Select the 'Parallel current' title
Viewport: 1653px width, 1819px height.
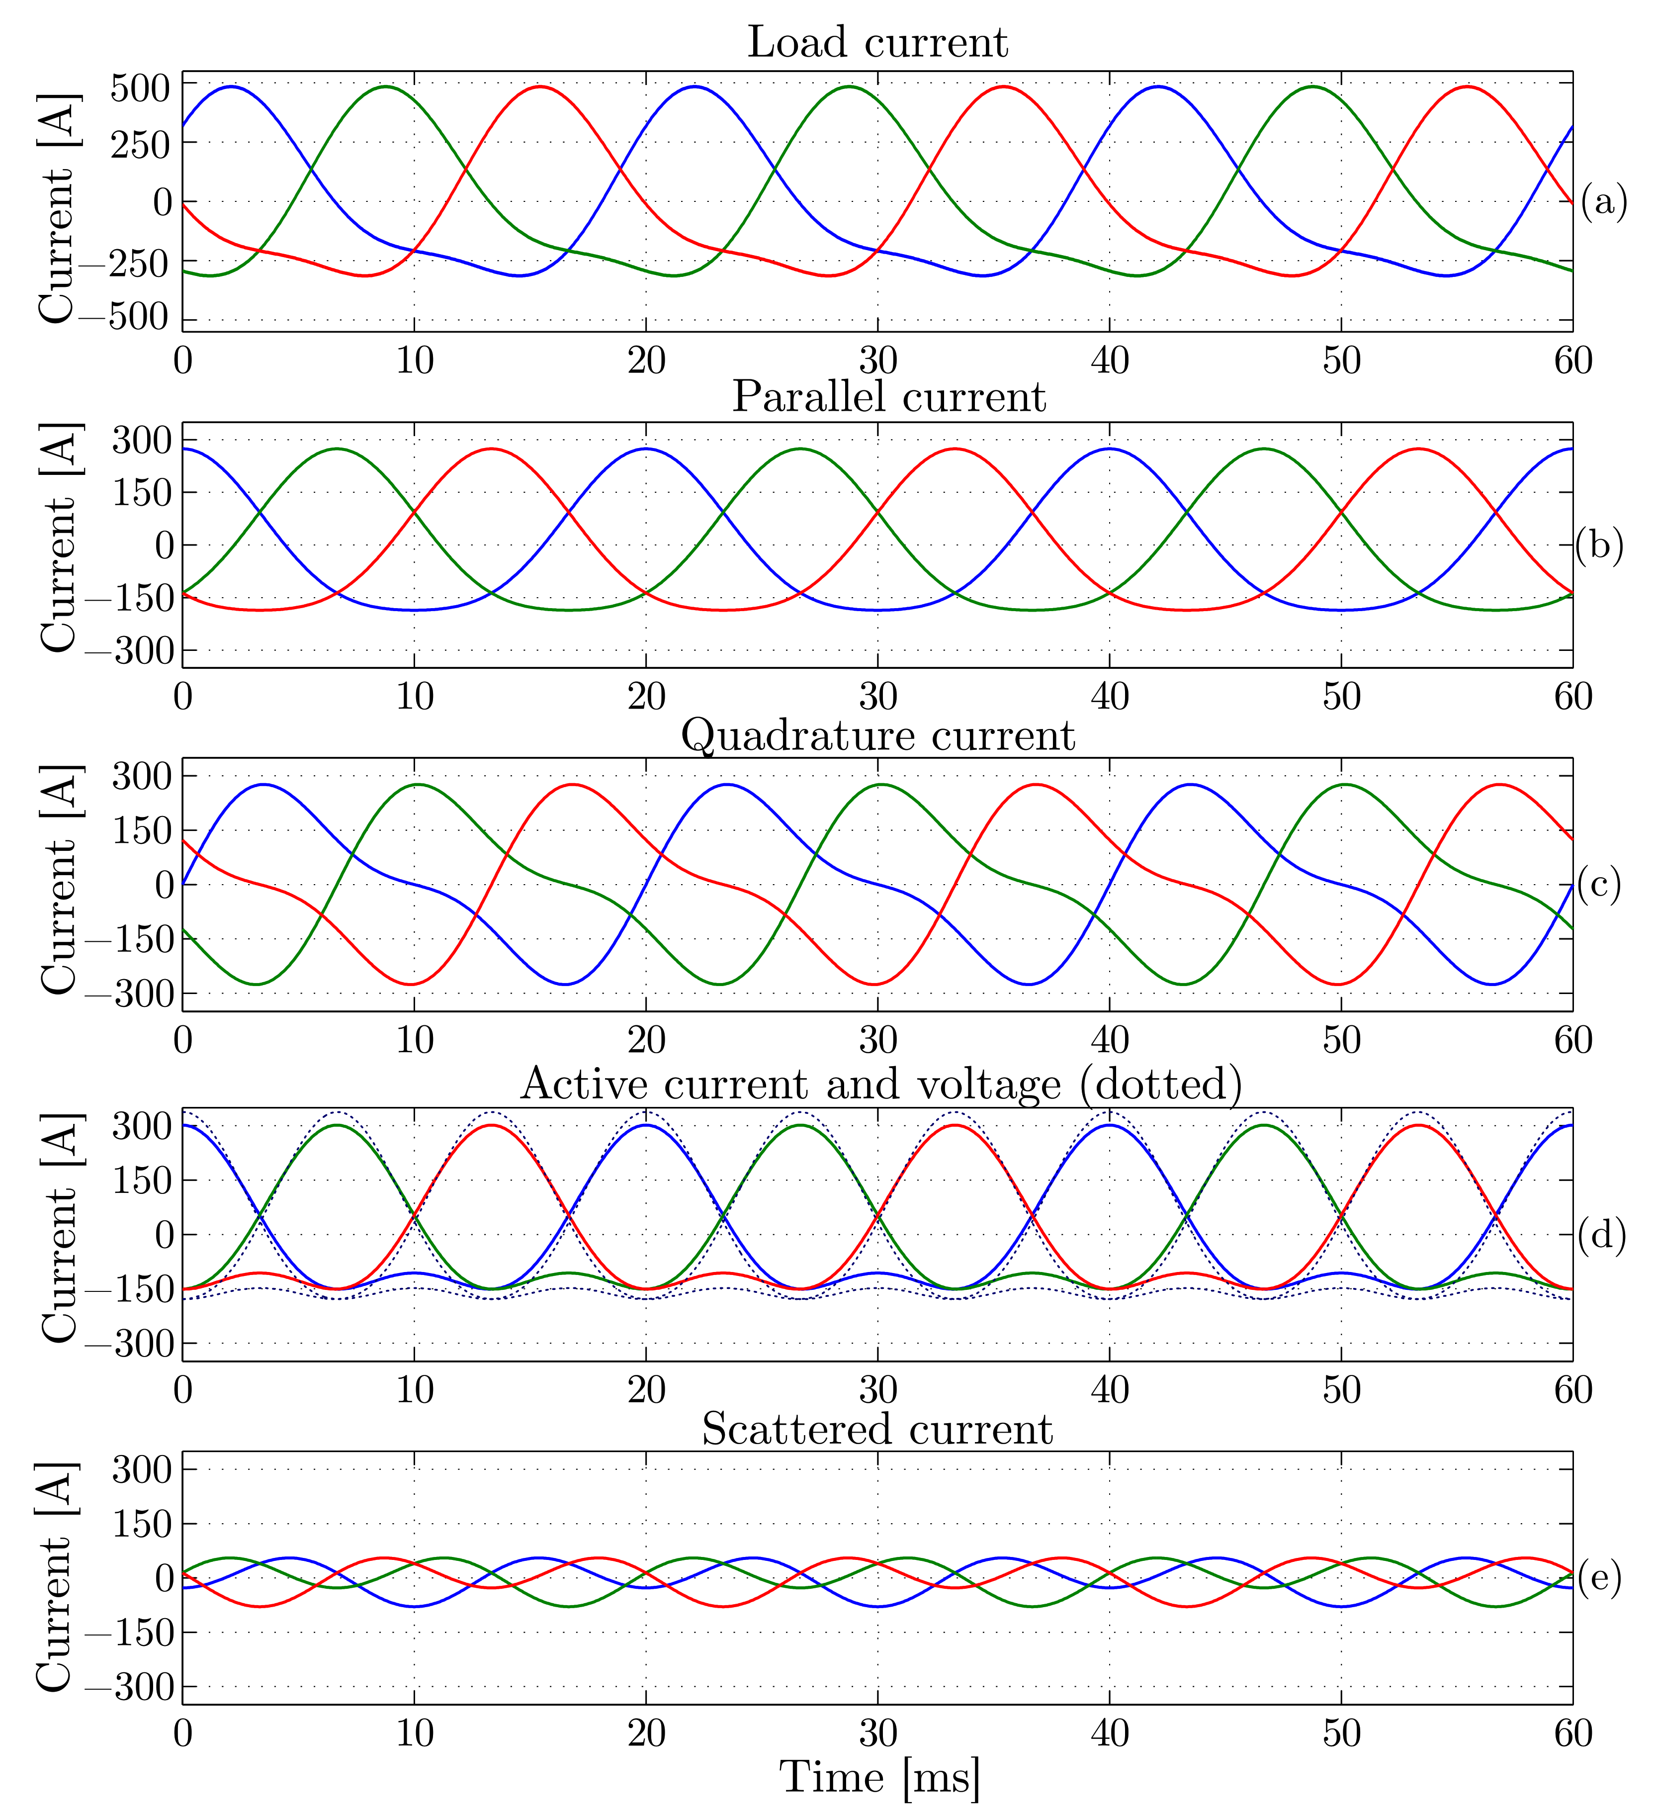coord(889,397)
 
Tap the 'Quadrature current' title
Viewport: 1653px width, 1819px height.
coord(877,736)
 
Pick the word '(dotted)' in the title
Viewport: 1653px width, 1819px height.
coord(1160,1085)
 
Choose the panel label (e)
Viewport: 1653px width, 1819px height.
coord(1599,1578)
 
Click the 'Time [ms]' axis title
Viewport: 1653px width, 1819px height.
coord(880,1777)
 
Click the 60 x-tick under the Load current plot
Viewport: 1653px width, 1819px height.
coord(1572,361)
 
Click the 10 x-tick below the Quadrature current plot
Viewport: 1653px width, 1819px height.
coord(414,1040)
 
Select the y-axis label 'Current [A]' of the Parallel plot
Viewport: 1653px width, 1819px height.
coord(59,538)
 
